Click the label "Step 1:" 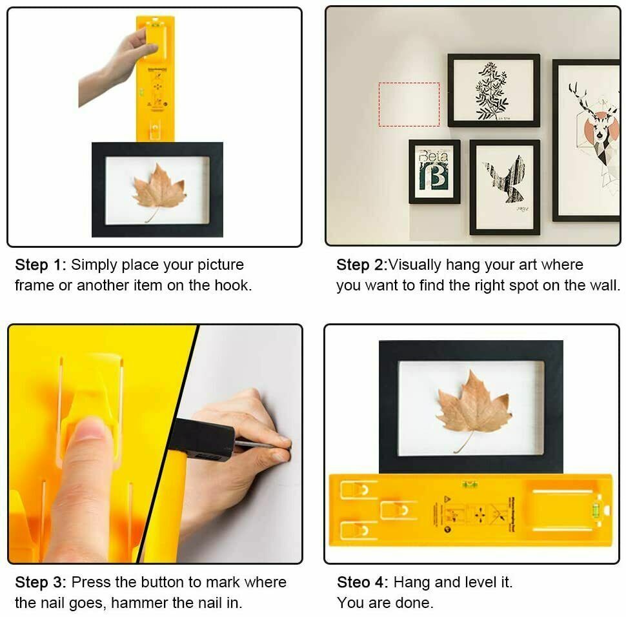coord(41,265)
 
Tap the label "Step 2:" coord(361,265)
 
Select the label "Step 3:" coord(41,582)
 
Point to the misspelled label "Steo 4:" coord(362,582)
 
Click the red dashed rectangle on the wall coord(409,104)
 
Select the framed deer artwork coord(586,140)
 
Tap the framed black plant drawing coord(494,90)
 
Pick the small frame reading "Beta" coord(434,171)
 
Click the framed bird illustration coord(504,187)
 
